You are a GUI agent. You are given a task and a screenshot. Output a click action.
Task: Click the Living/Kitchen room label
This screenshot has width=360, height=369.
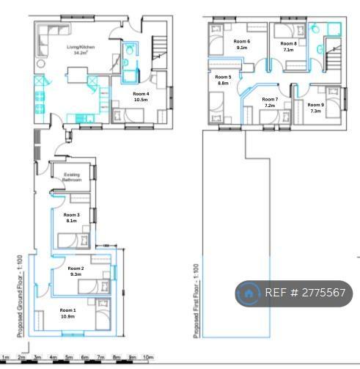(77, 47)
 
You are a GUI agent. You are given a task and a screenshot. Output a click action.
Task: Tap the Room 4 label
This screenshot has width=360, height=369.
(141, 94)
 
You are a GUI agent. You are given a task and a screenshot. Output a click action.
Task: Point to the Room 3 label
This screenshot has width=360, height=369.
(71, 214)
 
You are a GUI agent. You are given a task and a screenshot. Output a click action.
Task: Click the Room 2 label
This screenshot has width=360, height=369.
(76, 268)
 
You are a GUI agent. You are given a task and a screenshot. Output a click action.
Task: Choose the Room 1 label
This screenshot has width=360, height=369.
(67, 310)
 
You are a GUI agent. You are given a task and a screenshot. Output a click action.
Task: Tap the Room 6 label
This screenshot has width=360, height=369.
(242, 41)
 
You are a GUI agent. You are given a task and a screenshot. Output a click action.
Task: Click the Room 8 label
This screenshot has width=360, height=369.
(289, 44)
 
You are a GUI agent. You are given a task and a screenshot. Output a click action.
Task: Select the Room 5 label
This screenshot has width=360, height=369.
(224, 77)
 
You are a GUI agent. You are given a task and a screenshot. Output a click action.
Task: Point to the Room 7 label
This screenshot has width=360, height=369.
(269, 99)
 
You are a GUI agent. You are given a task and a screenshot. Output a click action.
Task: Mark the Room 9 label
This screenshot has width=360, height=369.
(315, 105)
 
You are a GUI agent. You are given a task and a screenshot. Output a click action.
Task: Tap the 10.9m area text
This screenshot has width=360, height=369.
(67, 316)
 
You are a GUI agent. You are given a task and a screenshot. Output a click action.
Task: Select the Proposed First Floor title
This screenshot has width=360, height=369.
(196, 302)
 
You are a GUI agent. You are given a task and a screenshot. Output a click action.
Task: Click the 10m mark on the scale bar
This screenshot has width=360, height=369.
(147, 357)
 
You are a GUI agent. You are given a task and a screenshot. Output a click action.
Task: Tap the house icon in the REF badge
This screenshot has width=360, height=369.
(249, 293)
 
